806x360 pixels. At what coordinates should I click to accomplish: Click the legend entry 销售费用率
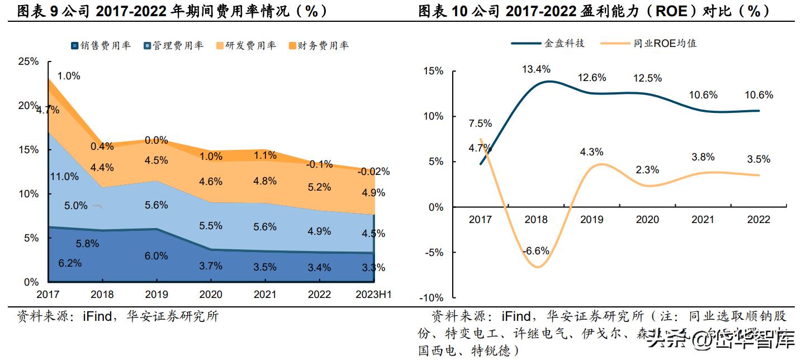point(106,46)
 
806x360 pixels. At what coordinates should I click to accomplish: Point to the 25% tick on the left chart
point(29,61)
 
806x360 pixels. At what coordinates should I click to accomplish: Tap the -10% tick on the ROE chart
point(432,298)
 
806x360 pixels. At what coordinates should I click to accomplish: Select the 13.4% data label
point(536,69)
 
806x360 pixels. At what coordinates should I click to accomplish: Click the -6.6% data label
point(536,251)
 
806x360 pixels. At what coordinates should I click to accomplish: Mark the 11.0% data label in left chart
point(64,177)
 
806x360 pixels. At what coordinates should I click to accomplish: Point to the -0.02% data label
point(373,172)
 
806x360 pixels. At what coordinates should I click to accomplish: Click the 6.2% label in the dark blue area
point(70,263)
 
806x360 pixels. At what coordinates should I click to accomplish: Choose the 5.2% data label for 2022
point(319,187)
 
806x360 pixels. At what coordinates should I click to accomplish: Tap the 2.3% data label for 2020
point(647,170)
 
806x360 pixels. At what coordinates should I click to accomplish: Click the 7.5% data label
point(480,124)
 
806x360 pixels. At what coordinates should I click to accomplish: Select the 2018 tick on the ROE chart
point(536,220)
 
